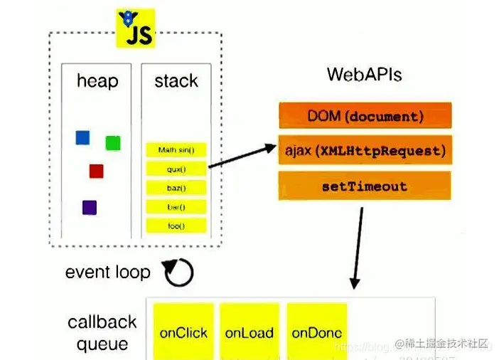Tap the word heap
pos(97,81)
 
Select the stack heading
pos(176,81)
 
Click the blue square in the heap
pos(83,138)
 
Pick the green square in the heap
pos(113,143)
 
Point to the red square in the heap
pos(97,171)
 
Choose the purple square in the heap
pos(90,208)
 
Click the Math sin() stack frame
pos(176,150)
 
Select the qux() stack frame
pos(176,169)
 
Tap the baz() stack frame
pos(176,188)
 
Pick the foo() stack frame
pos(176,226)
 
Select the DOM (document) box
pos(365,115)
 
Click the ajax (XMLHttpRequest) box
pos(365,151)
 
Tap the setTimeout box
pos(365,186)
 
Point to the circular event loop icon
pos(178,271)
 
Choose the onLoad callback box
pos(249,332)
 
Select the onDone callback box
pos(317,332)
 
